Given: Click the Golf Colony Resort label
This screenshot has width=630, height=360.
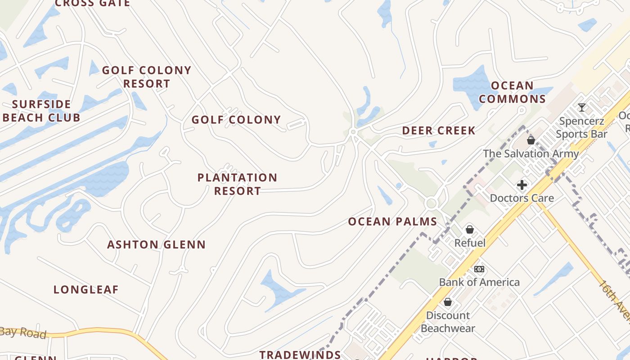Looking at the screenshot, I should (147, 77).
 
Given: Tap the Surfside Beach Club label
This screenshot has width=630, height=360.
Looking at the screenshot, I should (41, 111).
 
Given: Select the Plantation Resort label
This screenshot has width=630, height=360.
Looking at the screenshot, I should (237, 184).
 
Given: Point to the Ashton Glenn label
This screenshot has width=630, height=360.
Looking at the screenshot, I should (156, 245).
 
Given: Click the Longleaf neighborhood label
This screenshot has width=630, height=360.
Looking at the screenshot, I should (86, 290).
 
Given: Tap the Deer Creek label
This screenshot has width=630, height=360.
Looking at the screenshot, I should (438, 131).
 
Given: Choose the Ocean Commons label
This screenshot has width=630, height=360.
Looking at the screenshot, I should (512, 92).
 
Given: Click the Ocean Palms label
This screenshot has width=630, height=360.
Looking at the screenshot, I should (392, 221).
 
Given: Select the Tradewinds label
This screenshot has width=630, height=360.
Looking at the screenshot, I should (300, 355).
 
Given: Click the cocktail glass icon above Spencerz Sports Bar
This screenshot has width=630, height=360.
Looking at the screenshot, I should (581, 108).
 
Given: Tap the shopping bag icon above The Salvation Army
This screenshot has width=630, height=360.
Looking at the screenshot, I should (531, 140).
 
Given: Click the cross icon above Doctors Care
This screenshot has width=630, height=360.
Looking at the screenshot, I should (522, 185).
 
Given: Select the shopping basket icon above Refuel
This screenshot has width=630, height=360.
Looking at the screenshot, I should (470, 229).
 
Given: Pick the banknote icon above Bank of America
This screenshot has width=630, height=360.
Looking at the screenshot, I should (479, 269).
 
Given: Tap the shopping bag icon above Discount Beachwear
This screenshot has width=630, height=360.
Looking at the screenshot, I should (448, 302).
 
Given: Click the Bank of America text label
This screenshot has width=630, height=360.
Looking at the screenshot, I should (479, 282).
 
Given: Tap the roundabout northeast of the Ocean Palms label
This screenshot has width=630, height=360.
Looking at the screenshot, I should (431, 203).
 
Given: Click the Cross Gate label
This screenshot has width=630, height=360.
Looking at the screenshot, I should (92, 4).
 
